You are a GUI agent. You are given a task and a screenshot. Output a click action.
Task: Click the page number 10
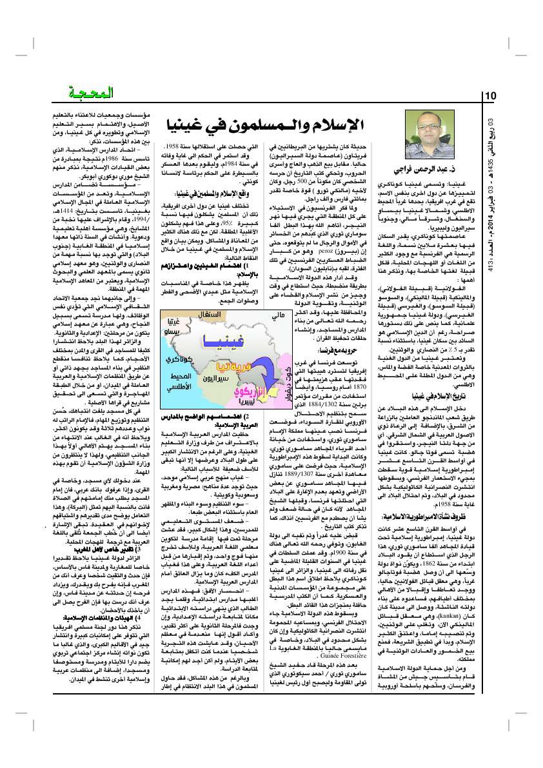489,95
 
